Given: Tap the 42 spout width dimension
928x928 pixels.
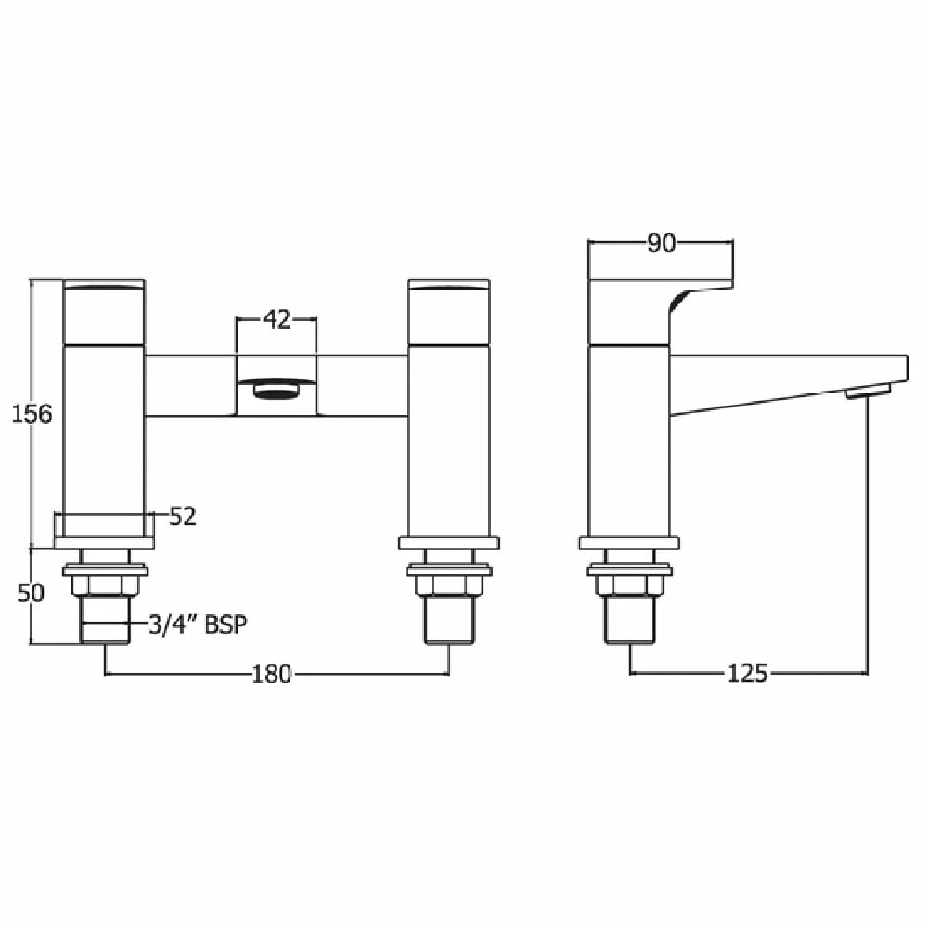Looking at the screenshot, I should tap(277, 319).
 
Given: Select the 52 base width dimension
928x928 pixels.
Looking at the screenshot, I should tap(183, 517).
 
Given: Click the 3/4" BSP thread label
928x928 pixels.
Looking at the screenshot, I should tap(199, 625).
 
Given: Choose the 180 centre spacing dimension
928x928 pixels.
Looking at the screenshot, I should tap(272, 674).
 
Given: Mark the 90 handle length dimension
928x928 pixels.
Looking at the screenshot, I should tap(660, 243).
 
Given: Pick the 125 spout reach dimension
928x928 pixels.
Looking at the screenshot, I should tap(747, 674).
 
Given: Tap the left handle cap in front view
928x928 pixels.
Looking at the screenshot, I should tap(104, 312).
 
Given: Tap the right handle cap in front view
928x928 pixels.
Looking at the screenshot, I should tap(449, 312).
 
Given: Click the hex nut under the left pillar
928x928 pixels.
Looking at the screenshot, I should tap(104, 586).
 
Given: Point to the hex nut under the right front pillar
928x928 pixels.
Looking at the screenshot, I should tap(449, 586).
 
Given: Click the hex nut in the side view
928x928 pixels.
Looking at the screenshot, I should tap(629, 586).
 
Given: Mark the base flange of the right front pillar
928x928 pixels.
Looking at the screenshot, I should tap(449, 543).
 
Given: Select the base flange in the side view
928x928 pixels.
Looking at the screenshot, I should tap(629, 543).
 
